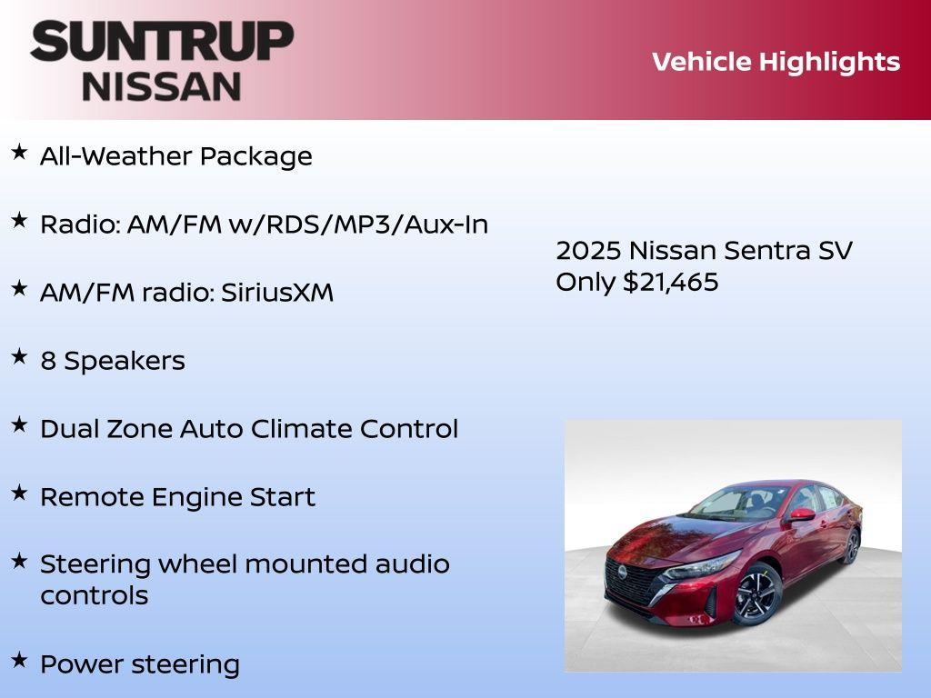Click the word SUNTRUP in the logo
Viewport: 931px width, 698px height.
click(x=162, y=41)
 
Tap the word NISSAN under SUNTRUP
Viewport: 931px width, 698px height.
click(x=162, y=86)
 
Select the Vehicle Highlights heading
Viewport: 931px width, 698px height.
click(x=776, y=62)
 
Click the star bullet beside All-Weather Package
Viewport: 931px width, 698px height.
click(x=19, y=152)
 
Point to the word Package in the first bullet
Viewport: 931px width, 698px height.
click(x=255, y=156)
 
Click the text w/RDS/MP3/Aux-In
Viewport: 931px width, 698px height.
click(x=358, y=224)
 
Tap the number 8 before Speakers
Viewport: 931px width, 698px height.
click(x=48, y=361)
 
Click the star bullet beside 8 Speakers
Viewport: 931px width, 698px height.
click(x=19, y=356)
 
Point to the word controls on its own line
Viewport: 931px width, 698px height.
click(x=94, y=596)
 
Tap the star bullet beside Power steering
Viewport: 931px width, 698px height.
click(x=19, y=660)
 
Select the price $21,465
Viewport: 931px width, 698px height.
click(x=670, y=282)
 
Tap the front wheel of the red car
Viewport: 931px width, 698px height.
click(x=756, y=594)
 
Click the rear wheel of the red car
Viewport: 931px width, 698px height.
click(x=852, y=545)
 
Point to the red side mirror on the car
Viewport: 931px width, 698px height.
click(x=802, y=515)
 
